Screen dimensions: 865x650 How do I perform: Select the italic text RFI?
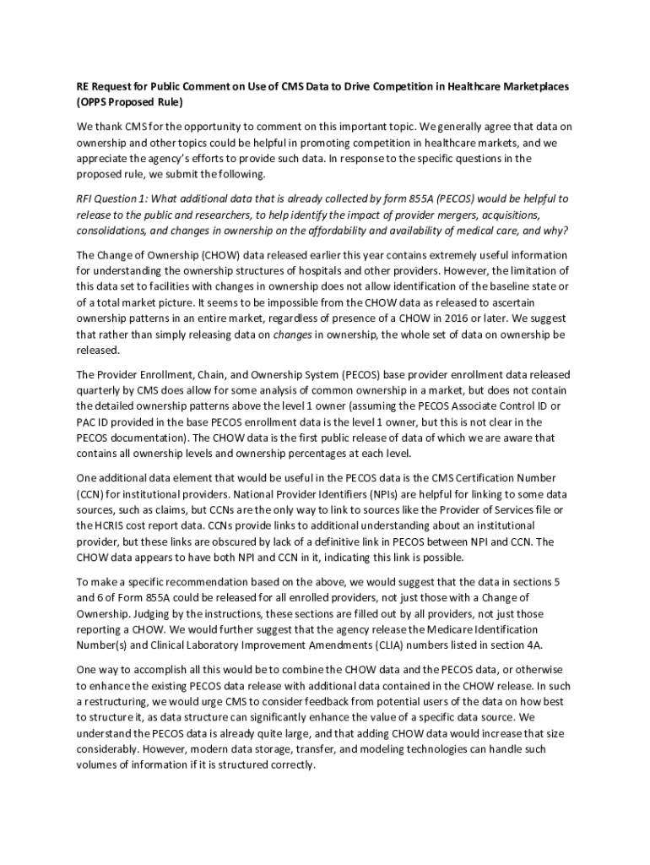tap(85, 199)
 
